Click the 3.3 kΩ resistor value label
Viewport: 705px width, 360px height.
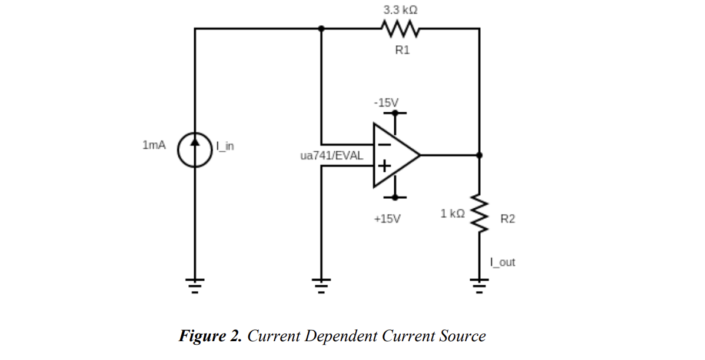(x=401, y=10)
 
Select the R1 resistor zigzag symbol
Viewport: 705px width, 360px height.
(x=400, y=28)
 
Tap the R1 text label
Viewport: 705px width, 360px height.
(x=402, y=51)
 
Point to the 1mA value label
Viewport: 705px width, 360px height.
(x=154, y=145)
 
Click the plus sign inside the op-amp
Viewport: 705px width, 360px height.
(x=383, y=166)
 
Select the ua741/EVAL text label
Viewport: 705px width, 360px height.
(x=331, y=156)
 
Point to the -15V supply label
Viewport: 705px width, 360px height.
(x=385, y=102)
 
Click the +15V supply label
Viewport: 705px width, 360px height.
(x=387, y=219)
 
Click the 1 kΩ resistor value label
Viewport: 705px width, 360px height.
(x=453, y=213)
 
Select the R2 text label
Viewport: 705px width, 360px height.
(x=507, y=219)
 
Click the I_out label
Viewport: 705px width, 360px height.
(x=502, y=262)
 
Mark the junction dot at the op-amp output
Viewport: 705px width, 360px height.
(x=479, y=155)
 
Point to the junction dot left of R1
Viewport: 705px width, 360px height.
(x=321, y=28)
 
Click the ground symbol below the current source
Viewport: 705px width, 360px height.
(x=195, y=285)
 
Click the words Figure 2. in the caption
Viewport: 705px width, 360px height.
(x=210, y=336)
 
